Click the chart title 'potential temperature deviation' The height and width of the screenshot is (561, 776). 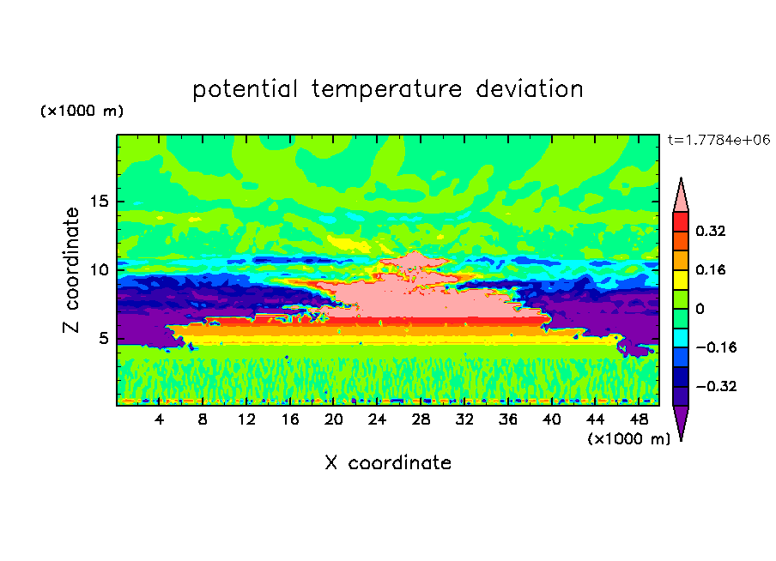(387, 89)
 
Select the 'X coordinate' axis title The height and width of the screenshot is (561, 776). (387, 463)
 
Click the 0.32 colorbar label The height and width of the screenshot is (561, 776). (712, 231)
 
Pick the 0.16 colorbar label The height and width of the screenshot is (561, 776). (712, 269)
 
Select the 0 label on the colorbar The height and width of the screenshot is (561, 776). (700, 309)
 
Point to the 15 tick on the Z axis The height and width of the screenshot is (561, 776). (100, 202)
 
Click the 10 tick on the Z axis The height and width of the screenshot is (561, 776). (100, 269)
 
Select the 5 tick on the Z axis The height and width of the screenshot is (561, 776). (104, 338)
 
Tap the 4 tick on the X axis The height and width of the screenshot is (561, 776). (160, 419)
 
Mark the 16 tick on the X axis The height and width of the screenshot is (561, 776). (290, 419)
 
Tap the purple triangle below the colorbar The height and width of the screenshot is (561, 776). (680, 421)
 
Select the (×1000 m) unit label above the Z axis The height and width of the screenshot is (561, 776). (82, 112)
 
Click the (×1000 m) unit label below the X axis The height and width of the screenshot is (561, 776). (629, 439)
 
